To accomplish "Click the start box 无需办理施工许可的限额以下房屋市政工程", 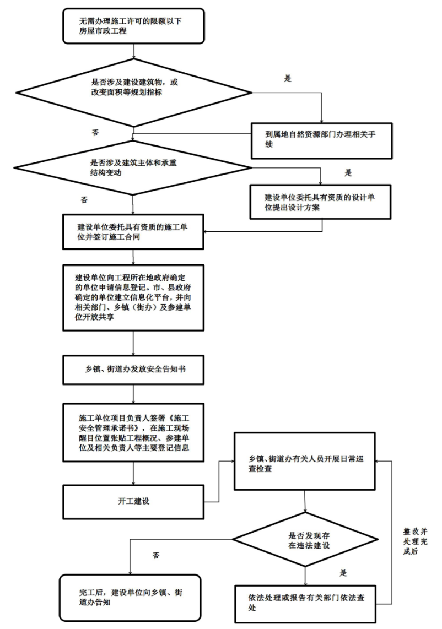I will pyautogui.click(x=134, y=26).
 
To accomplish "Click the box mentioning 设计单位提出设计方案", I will pyautogui.click(x=321, y=202).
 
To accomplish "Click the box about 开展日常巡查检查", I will pyautogui.click(x=305, y=461).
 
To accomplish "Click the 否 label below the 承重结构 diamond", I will pyautogui.click(x=84, y=199).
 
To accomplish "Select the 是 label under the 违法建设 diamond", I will pyautogui.click(x=343, y=573).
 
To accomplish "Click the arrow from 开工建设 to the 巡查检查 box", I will pyautogui.click(x=220, y=479).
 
